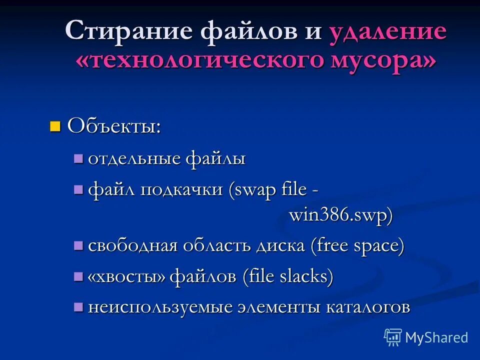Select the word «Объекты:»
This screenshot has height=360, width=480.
(x=114, y=125)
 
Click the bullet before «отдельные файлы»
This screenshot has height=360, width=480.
(x=78, y=158)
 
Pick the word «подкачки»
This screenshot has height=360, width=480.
(x=181, y=190)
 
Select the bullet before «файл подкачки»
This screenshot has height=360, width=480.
(x=78, y=189)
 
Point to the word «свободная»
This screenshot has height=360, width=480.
(x=132, y=246)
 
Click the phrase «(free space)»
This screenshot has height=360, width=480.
(x=357, y=246)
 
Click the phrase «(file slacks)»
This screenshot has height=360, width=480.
(x=287, y=276)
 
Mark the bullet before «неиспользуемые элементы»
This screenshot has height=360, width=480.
(x=78, y=306)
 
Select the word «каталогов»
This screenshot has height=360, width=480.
(x=368, y=307)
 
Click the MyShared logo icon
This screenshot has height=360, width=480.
(x=393, y=337)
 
